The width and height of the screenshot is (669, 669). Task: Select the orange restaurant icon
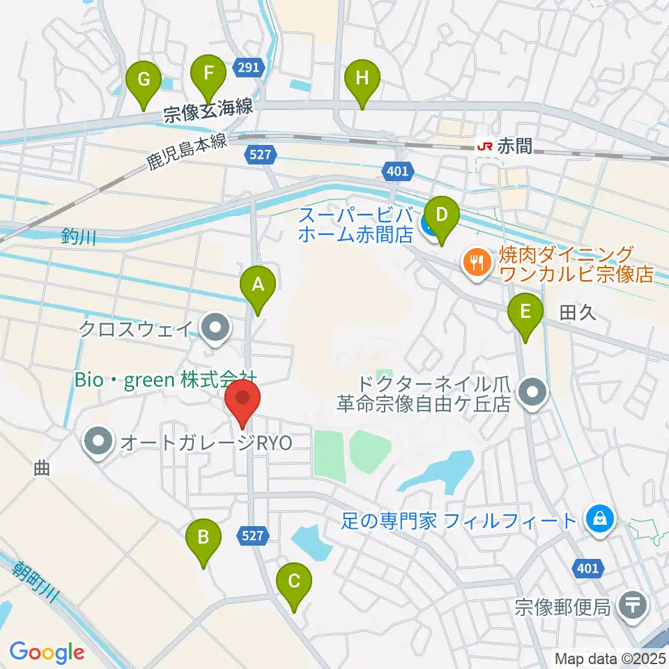click(x=477, y=263)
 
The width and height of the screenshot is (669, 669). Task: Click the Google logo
click(x=47, y=652)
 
